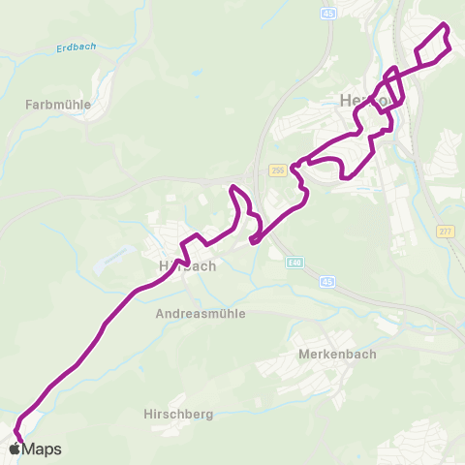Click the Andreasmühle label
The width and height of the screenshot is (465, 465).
201,314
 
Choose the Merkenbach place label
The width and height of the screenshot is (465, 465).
336,354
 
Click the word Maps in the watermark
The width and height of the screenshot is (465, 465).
43,449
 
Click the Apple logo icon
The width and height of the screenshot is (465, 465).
15,449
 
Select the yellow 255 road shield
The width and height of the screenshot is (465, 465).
277,169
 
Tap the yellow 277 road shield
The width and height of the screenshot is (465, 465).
445,231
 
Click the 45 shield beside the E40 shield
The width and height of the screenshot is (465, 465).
326,282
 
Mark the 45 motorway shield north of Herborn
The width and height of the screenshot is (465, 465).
329,15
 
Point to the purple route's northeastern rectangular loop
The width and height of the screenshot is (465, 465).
433,43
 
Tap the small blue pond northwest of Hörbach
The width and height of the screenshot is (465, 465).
104,263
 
